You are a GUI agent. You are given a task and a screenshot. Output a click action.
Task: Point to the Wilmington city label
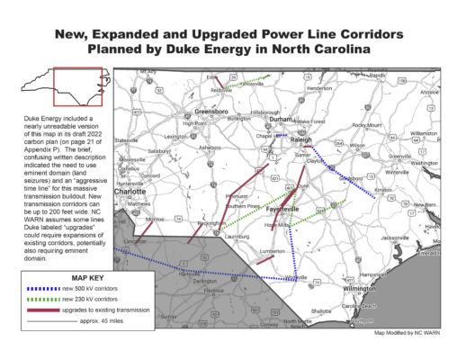tap(360, 288)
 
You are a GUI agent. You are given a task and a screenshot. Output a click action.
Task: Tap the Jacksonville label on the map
tap(395, 238)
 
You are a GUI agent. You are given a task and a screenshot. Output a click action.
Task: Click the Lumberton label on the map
tap(273, 251)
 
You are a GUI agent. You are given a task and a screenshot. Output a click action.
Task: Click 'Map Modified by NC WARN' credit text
tap(408, 331)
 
